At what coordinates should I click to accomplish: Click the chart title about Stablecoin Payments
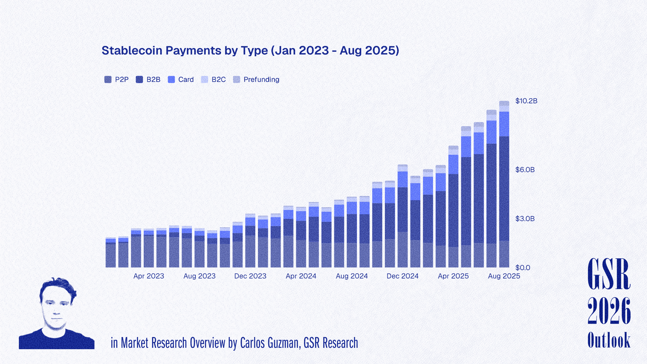click(x=250, y=51)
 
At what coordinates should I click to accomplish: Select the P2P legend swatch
click(x=108, y=80)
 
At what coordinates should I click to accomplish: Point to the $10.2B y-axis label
click(x=526, y=101)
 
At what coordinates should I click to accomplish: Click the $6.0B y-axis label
click(x=525, y=170)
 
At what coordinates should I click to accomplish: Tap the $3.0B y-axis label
click(x=525, y=219)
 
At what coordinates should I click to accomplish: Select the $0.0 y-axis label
click(x=523, y=267)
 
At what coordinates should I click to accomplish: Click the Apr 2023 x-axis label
click(x=149, y=276)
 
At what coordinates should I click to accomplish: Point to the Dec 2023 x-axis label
click(x=250, y=276)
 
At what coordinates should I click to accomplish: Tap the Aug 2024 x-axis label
click(x=352, y=276)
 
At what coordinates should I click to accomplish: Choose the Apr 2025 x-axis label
click(x=453, y=276)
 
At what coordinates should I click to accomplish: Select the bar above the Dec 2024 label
click(x=402, y=216)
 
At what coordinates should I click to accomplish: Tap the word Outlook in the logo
click(x=609, y=340)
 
